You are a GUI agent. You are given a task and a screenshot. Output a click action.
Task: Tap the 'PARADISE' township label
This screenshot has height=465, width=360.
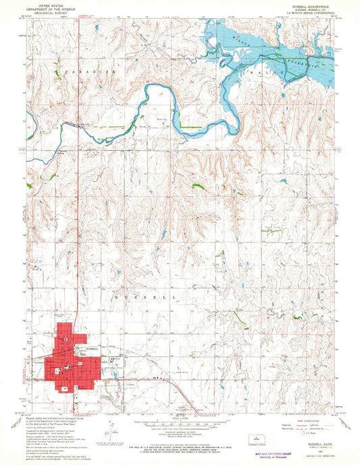80,70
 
